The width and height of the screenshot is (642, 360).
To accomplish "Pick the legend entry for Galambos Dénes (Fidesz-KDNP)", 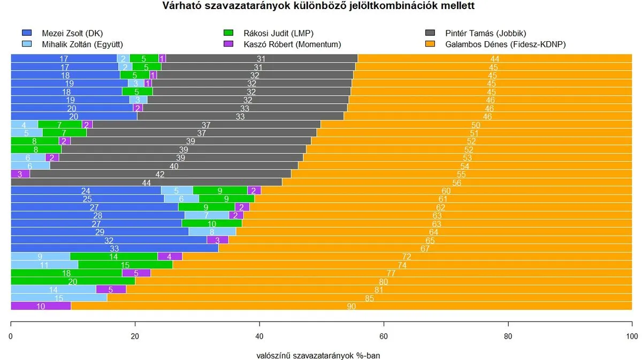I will [x=505, y=44].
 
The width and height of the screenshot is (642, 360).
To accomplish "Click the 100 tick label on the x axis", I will [x=632, y=336].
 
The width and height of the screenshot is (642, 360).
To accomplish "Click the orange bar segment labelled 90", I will [x=351, y=306].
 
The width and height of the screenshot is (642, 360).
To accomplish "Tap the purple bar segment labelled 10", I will [x=41, y=306].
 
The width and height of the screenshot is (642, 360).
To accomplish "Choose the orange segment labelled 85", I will [x=369, y=298].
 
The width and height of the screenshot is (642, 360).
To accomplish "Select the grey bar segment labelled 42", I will [x=160, y=174].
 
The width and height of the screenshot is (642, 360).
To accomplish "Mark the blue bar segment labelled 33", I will [x=114, y=248].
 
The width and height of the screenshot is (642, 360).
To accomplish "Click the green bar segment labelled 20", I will [x=73, y=281].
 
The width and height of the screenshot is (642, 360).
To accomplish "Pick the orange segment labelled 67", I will [x=425, y=248].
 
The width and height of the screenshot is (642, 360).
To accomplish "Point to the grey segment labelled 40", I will [x=174, y=166].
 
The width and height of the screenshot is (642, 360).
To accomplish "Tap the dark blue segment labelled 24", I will [x=86, y=190].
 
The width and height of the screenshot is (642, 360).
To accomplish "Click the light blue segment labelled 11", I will [x=44, y=265].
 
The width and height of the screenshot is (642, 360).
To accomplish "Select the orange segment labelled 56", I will [x=456, y=182].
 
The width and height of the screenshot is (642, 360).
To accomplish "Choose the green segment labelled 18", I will [x=66, y=273].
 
